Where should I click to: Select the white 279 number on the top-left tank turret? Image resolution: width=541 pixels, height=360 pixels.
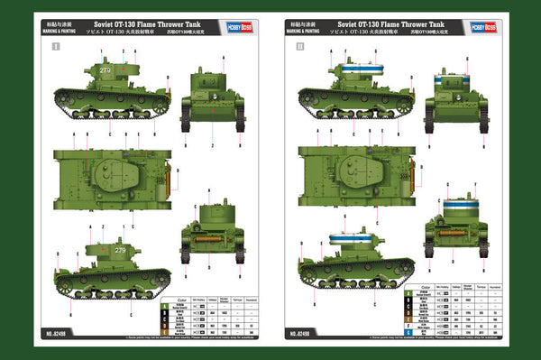pos(105,69)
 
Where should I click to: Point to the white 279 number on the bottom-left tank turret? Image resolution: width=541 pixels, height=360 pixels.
pos(121,248)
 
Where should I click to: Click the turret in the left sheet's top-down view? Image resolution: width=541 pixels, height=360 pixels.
pos(127,171)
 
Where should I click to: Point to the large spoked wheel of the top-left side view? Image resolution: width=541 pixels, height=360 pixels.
pos(160,106)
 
